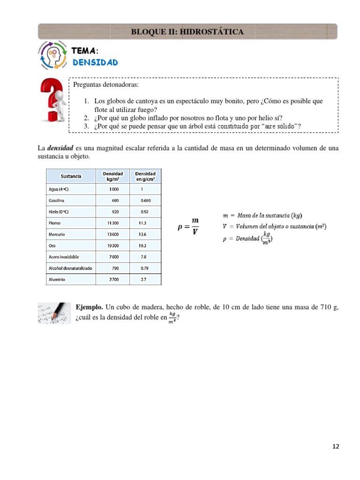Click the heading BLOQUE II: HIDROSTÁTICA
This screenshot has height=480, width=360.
pyautogui.click(x=187, y=31)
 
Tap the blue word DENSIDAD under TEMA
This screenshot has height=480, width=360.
pyautogui.click(x=95, y=62)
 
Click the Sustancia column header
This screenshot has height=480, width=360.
pyautogui.click(x=71, y=176)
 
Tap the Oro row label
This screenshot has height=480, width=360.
pyautogui.click(x=52, y=246)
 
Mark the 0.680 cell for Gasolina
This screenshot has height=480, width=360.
pyautogui.click(x=145, y=201)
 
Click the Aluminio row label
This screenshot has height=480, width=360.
pyautogui.click(x=57, y=279)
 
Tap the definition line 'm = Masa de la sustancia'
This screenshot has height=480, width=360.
pyautogui.click(x=262, y=216)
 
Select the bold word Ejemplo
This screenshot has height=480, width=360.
pyautogui.click(x=90, y=307)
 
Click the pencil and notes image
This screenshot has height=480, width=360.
pyautogui.click(x=54, y=313)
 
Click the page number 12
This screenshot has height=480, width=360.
pyautogui.click(x=335, y=446)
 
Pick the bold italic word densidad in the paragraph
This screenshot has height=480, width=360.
pyautogui.click(x=60, y=148)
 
